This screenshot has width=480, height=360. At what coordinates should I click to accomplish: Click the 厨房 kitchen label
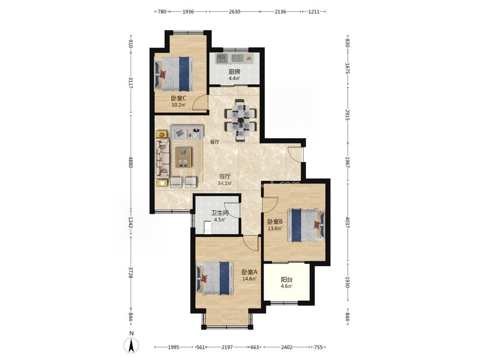click(235, 72)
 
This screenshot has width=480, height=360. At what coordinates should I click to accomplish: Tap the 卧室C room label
click(179, 99)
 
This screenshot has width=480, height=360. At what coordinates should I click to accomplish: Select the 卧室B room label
click(275, 222)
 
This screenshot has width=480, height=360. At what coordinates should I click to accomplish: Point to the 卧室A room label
click(250, 272)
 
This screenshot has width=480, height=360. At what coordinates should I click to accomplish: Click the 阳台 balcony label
click(287, 279)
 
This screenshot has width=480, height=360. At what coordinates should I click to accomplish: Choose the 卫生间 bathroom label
click(220, 213)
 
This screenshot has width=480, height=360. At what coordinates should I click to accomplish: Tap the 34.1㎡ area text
click(225, 184)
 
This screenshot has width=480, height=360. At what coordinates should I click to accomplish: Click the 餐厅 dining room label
click(215, 142)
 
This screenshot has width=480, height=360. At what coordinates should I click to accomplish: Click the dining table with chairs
click(241, 120)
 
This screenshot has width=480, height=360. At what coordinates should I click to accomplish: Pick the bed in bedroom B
click(306, 225)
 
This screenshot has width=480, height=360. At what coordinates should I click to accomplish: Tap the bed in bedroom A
click(215, 278)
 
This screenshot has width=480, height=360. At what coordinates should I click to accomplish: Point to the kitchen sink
click(221, 58)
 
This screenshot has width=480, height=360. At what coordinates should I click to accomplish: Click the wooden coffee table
click(183, 157)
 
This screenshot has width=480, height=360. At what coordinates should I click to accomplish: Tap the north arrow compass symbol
click(131, 346)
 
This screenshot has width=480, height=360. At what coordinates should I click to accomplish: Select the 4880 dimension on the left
click(131, 162)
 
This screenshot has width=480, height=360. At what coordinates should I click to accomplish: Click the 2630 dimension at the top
click(235, 12)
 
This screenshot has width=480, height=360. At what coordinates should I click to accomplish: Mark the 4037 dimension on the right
click(347, 223)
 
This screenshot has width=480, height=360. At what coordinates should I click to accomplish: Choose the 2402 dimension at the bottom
click(287, 347)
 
